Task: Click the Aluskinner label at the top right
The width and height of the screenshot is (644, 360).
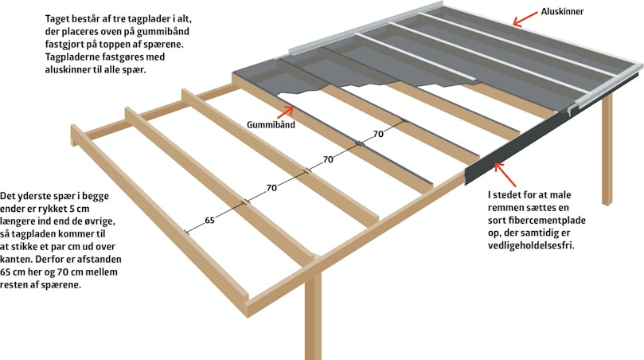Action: (562, 11)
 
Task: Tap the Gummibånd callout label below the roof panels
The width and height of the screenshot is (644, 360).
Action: (271, 124)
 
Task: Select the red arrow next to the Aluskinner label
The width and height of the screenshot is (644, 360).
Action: (525, 19)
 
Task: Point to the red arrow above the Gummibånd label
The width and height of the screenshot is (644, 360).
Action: (286, 112)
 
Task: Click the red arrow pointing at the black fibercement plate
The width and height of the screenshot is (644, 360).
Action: (505, 174)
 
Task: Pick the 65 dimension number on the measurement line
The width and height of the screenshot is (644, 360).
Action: (209, 221)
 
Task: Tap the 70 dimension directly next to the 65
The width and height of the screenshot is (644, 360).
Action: (271, 188)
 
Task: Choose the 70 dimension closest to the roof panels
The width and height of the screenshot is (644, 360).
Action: (378, 134)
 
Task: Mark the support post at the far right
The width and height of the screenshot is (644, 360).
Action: (607, 149)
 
